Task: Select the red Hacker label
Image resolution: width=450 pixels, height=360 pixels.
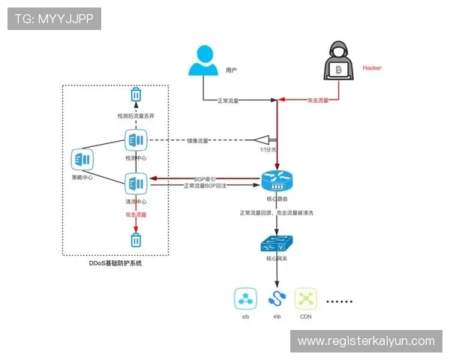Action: [x=372, y=67]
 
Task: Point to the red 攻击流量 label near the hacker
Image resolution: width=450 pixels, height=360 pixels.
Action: [x=319, y=100]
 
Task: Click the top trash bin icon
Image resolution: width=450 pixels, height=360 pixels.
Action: [x=136, y=95]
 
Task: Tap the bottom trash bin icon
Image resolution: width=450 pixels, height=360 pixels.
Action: [x=136, y=240]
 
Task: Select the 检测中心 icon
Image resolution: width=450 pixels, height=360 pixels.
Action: [x=136, y=140]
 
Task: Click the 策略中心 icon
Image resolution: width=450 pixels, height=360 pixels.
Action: [x=82, y=160]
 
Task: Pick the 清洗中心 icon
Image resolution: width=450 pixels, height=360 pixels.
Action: [x=136, y=183]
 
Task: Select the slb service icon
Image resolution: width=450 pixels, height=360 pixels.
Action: [x=245, y=299]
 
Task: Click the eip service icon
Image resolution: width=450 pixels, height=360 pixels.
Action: [x=276, y=299]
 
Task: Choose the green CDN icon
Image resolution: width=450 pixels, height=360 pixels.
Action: [x=305, y=299]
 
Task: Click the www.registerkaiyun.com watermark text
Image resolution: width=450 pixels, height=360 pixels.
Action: [x=366, y=341]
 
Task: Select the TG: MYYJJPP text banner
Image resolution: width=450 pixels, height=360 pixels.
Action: [x=53, y=19]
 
